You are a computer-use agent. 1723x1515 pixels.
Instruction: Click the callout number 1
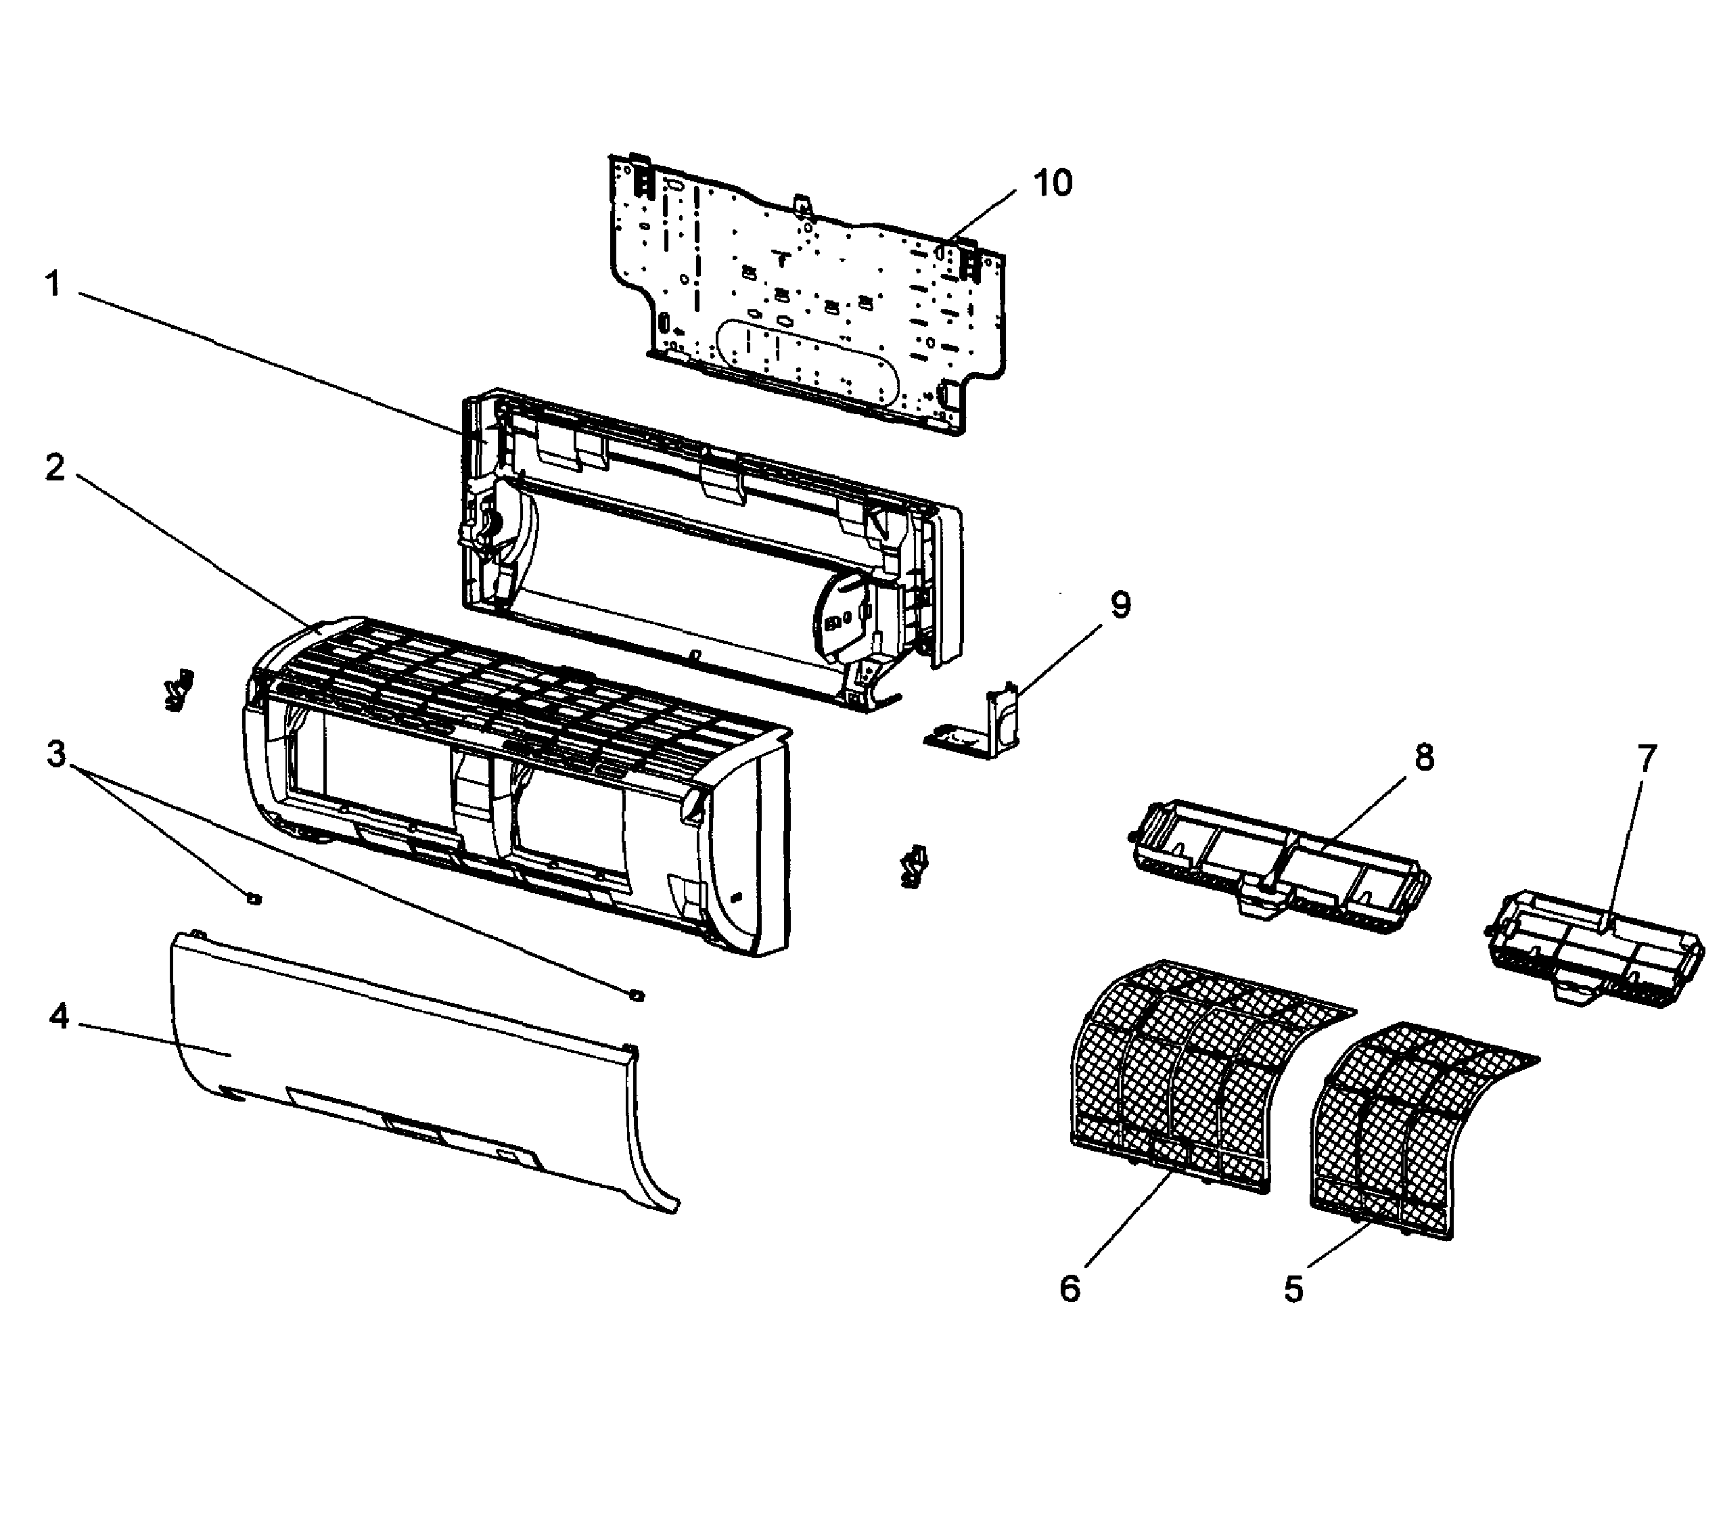pyautogui.click(x=53, y=284)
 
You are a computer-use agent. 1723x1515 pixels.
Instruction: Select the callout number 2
pyautogui.click(x=55, y=467)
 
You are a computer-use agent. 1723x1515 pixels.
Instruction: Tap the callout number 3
pyautogui.click(x=55, y=754)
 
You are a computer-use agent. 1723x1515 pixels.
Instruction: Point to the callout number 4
pyautogui.click(x=58, y=1018)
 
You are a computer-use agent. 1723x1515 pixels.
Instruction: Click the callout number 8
pyautogui.click(x=1424, y=757)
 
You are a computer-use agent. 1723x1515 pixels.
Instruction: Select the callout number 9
pyautogui.click(x=1120, y=604)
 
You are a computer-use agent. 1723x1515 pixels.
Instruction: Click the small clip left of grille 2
pyautogui.click(x=178, y=689)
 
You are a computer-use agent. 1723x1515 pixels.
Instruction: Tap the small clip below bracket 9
pyautogui.click(x=914, y=867)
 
